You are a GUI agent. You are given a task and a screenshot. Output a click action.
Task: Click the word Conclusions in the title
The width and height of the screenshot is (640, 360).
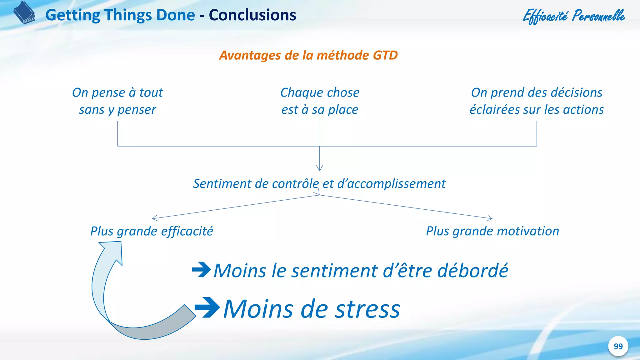[x=252, y=15]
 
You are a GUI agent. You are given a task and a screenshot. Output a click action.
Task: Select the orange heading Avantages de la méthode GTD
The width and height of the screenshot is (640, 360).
[x=308, y=55]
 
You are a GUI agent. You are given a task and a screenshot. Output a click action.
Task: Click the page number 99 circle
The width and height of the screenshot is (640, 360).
[x=618, y=346]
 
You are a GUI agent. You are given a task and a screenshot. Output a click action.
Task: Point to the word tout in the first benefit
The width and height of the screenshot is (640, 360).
[x=151, y=93]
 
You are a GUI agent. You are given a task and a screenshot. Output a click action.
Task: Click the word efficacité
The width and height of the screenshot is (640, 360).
[x=187, y=231]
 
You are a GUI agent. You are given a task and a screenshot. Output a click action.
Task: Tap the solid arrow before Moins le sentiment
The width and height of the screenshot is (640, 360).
[x=201, y=269]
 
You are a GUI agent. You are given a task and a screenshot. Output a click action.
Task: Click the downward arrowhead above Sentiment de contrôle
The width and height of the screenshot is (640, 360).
[x=319, y=168]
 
